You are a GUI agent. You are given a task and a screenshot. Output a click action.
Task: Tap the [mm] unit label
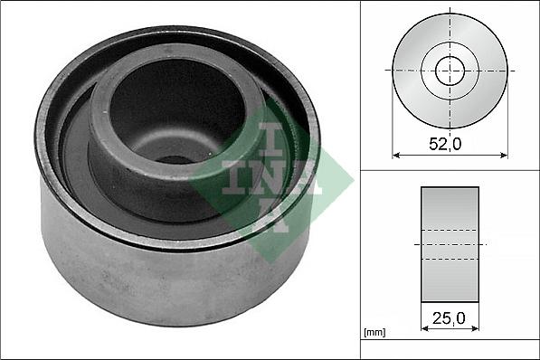pyautogui.click(x=374, y=333)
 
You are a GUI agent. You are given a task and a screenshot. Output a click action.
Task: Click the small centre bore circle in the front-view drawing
pyautogui.click(x=450, y=70)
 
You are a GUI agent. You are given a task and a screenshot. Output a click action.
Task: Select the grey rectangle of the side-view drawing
pyautogui.click(x=450, y=244)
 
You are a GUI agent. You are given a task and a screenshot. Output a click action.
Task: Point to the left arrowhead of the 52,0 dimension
pyautogui.click(x=396, y=156)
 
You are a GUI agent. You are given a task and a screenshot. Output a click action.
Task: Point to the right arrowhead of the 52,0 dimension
pyautogui.click(x=504, y=156)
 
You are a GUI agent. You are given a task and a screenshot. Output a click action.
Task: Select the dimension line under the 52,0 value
pyautogui.click(x=450, y=156)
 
